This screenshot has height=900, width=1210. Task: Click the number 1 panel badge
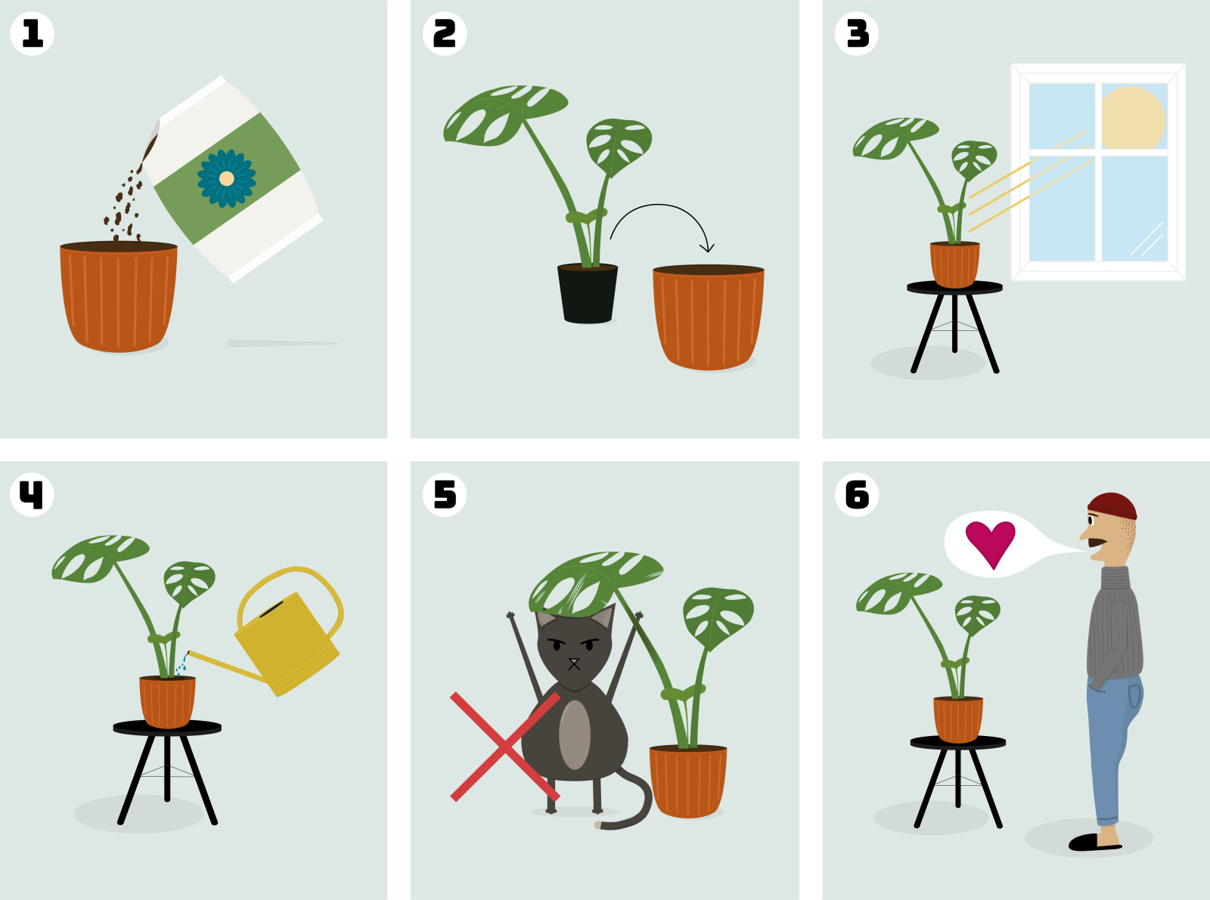coord(32,34)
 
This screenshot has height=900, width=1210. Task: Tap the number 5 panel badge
coord(445,495)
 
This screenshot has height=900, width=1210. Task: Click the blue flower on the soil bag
coord(226,178)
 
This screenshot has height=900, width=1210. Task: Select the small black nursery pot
coord(588,295)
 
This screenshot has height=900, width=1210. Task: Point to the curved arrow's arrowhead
coord(707,247)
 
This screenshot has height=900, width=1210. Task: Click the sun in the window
coord(1132,118)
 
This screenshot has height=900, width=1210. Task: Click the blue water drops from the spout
coord(182,664)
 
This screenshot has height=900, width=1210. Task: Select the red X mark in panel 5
coord(504,747)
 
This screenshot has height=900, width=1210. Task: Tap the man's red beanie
coord(1112,505)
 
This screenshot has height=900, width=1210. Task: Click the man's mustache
coord(1097,542)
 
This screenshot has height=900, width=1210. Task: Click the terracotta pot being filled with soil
coord(119,298)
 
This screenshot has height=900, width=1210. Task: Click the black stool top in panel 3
coord(954,287)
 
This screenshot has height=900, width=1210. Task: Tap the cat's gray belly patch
coord(575,735)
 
